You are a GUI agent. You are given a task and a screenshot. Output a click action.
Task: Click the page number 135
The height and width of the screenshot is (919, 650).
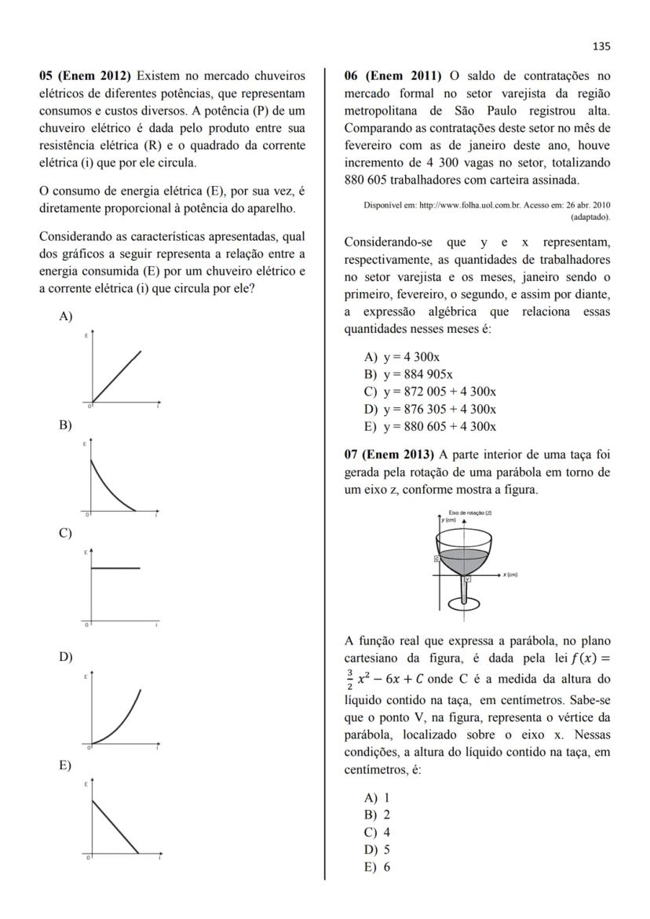(601, 46)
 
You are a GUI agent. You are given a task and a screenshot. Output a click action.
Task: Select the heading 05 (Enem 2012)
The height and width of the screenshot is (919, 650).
(86, 76)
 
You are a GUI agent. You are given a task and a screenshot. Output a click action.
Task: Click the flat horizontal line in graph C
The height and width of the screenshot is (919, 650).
(116, 567)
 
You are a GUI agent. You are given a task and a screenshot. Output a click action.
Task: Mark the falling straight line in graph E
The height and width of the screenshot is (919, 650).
(115, 826)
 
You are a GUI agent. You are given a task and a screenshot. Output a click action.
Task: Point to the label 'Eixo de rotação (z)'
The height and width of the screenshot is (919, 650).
(470, 512)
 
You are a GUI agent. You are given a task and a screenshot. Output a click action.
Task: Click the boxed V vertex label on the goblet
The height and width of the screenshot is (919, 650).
(467, 579)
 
